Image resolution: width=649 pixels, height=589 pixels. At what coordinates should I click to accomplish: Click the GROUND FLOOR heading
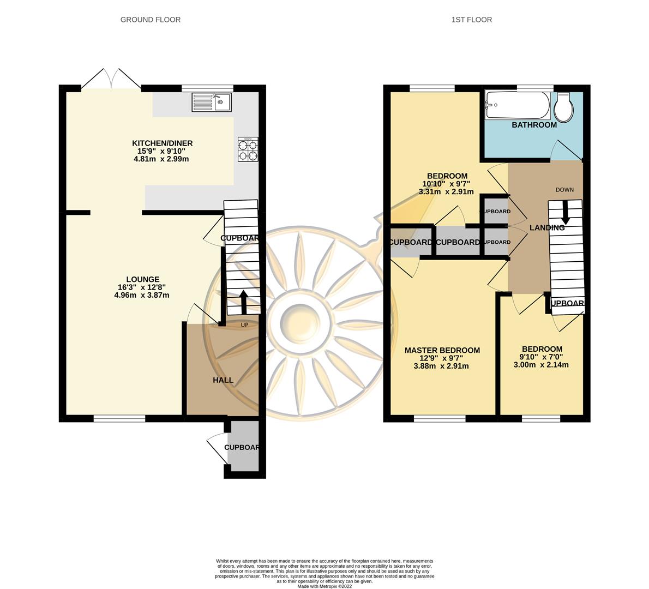150,20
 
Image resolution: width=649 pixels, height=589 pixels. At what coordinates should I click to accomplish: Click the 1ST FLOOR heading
471,20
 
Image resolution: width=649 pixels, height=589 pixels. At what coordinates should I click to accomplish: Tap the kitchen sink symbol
212,102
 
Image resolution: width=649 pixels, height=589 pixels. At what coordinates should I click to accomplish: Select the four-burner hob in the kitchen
248,149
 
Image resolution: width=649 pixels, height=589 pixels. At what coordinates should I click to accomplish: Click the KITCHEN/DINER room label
162,143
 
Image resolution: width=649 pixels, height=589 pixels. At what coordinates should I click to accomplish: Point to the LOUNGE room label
142,279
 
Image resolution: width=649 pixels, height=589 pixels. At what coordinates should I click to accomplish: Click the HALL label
223,380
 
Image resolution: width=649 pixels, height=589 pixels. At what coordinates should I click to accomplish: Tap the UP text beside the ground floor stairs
245,325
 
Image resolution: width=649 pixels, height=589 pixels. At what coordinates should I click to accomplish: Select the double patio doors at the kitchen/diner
111,79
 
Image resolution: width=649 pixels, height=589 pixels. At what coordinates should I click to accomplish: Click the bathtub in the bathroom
517,105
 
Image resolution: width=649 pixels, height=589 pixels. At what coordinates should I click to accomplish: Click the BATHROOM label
534,125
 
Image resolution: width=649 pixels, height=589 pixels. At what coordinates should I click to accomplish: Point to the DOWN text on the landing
564,190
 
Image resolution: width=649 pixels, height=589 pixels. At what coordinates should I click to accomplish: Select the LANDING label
547,228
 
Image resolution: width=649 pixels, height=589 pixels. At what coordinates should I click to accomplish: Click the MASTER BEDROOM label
442,350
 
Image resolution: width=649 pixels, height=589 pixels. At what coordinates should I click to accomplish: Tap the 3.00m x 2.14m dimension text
541,365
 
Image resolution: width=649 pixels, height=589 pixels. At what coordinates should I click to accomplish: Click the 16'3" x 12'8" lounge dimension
141,287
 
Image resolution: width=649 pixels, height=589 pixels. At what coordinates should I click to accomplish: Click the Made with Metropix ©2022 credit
324,586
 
